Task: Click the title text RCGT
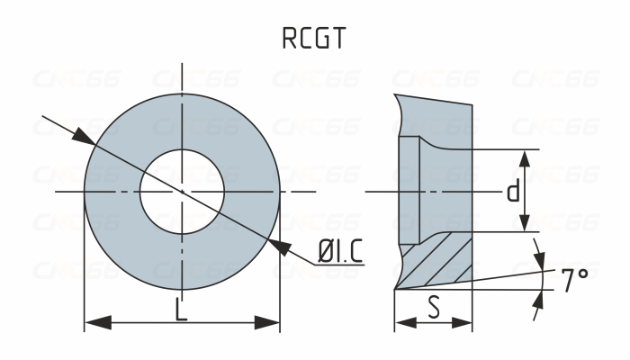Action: (x=314, y=39)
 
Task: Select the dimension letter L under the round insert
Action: (x=181, y=310)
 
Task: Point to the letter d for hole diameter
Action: (x=512, y=192)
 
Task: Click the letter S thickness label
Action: (x=434, y=308)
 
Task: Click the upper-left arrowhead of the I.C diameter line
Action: (x=81, y=136)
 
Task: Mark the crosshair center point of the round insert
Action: (x=183, y=192)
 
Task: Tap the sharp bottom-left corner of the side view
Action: (x=395, y=289)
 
